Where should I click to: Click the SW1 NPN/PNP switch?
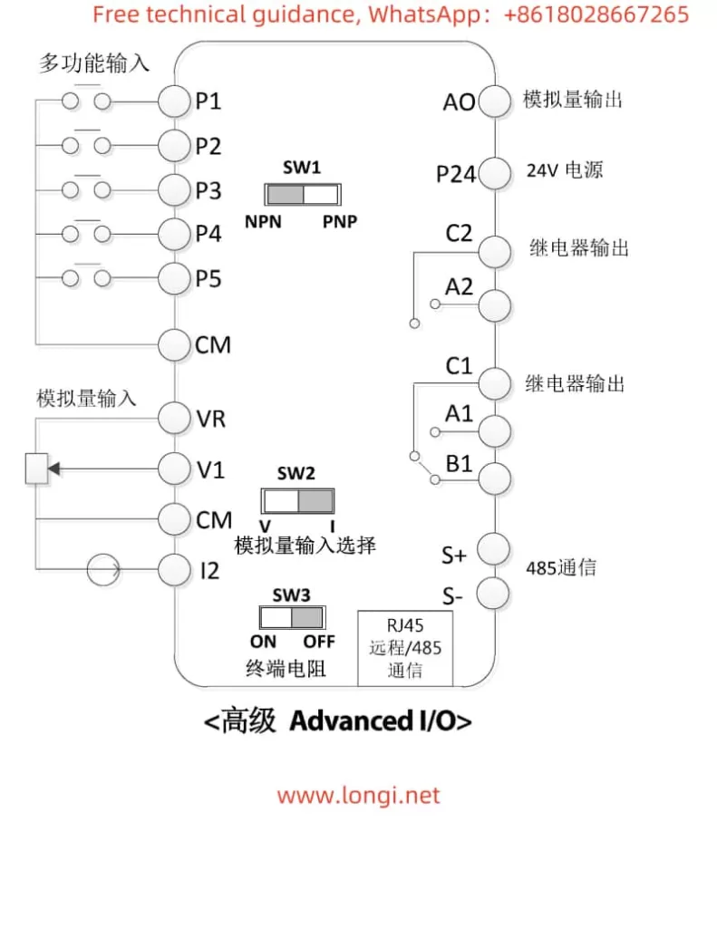coord(302,195)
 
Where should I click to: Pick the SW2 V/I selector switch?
coord(298,501)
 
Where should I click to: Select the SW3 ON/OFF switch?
coord(291,618)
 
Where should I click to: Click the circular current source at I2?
coord(103,570)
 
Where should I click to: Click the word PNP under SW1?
coord(340,222)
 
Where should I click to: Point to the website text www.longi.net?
coord(358,796)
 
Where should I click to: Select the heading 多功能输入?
coord(93,63)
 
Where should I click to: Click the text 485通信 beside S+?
coord(562,568)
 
